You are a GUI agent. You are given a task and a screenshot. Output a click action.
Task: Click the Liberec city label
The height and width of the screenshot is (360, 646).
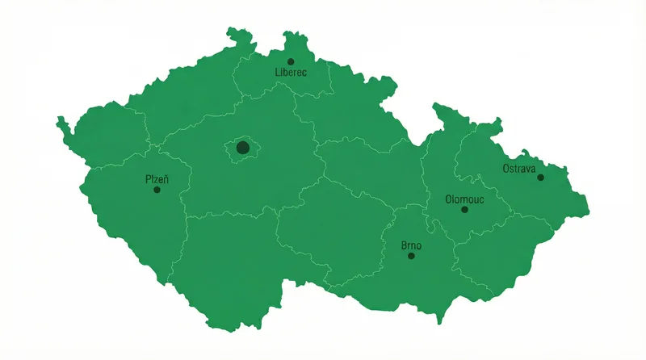click(x=292, y=73)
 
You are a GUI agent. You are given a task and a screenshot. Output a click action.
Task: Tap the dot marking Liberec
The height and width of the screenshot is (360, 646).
click(x=291, y=61)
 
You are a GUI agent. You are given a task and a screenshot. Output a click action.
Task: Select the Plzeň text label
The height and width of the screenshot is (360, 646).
click(x=157, y=178)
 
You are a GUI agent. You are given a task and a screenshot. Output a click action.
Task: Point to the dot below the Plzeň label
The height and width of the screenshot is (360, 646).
click(x=157, y=190)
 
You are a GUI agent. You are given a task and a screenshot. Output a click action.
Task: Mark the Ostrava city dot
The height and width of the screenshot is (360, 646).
click(x=540, y=177)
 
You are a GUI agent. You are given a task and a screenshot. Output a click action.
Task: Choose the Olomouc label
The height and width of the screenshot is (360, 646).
click(x=464, y=199)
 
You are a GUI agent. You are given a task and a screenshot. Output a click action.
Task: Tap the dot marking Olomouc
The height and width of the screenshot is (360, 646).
click(x=464, y=210)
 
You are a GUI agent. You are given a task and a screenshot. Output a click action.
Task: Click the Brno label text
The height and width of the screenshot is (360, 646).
click(x=411, y=245)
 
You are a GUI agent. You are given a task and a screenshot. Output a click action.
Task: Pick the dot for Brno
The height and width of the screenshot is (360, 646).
click(x=411, y=256)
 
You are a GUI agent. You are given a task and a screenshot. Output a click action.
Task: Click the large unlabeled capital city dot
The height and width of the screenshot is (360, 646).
click(x=242, y=148)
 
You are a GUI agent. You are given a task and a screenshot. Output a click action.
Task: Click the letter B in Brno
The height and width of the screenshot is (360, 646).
click(x=404, y=245)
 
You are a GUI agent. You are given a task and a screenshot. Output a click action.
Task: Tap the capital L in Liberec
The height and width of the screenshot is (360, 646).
click(x=278, y=73)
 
